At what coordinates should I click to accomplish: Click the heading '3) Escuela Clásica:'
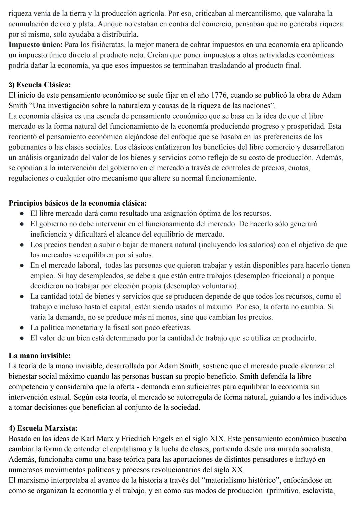(40, 85)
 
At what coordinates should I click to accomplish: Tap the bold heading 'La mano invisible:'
(40, 355)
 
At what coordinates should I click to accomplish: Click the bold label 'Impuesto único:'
(35, 44)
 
